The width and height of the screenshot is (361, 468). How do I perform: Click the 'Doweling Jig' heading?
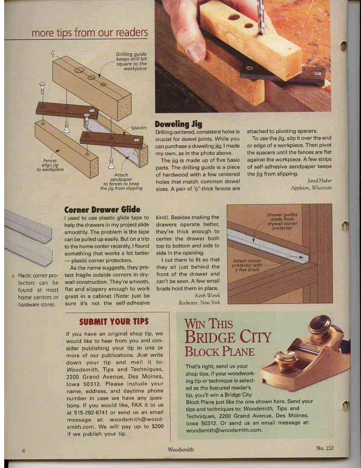pyautogui.click(x=178, y=124)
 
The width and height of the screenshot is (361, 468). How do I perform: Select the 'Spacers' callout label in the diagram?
pyautogui.click(x=138, y=127)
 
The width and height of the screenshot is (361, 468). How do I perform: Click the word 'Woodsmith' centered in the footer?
pyautogui.click(x=180, y=450)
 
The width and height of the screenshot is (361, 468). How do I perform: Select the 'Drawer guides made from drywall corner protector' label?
pyautogui.click(x=281, y=221)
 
